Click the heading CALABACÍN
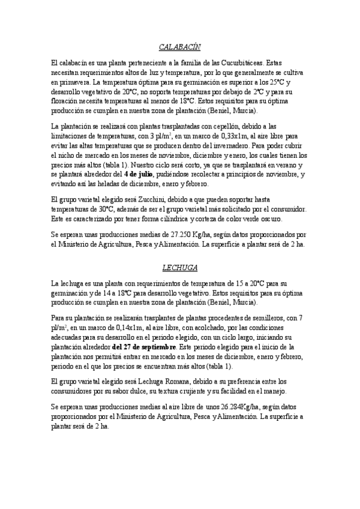(x=179, y=46)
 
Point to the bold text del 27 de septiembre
(x=144, y=346)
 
